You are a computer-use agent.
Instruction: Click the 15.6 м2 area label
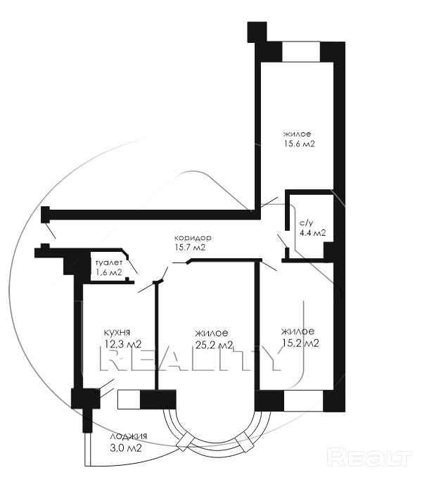click(x=299, y=144)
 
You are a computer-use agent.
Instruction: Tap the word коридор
click(x=193, y=238)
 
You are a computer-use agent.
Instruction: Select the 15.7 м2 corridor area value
click(x=190, y=248)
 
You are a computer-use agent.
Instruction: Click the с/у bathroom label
click(x=306, y=223)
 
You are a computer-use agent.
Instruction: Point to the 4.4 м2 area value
click(x=312, y=233)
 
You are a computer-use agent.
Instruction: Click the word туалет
click(x=109, y=262)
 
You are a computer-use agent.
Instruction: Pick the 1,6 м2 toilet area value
click(x=109, y=272)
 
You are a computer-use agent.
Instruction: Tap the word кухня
click(x=117, y=333)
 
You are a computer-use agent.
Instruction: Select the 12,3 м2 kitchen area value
click(x=123, y=344)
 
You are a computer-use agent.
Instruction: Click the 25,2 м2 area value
click(x=215, y=345)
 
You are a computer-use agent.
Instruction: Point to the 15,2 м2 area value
click(x=300, y=343)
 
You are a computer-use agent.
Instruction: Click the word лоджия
click(x=129, y=437)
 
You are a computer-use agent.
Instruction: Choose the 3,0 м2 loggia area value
click(x=126, y=448)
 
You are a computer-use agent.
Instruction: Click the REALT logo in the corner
click(x=369, y=457)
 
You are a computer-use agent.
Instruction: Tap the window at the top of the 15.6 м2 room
click(x=301, y=51)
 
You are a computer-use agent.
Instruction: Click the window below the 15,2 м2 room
click(x=303, y=401)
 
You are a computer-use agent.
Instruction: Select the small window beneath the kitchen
click(x=129, y=399)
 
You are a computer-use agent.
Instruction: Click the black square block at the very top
click(x=257, y=32)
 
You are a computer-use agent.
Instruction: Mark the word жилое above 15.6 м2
click(x=297, y=134)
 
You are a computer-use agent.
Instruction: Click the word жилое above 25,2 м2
click(x=212, y=333)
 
